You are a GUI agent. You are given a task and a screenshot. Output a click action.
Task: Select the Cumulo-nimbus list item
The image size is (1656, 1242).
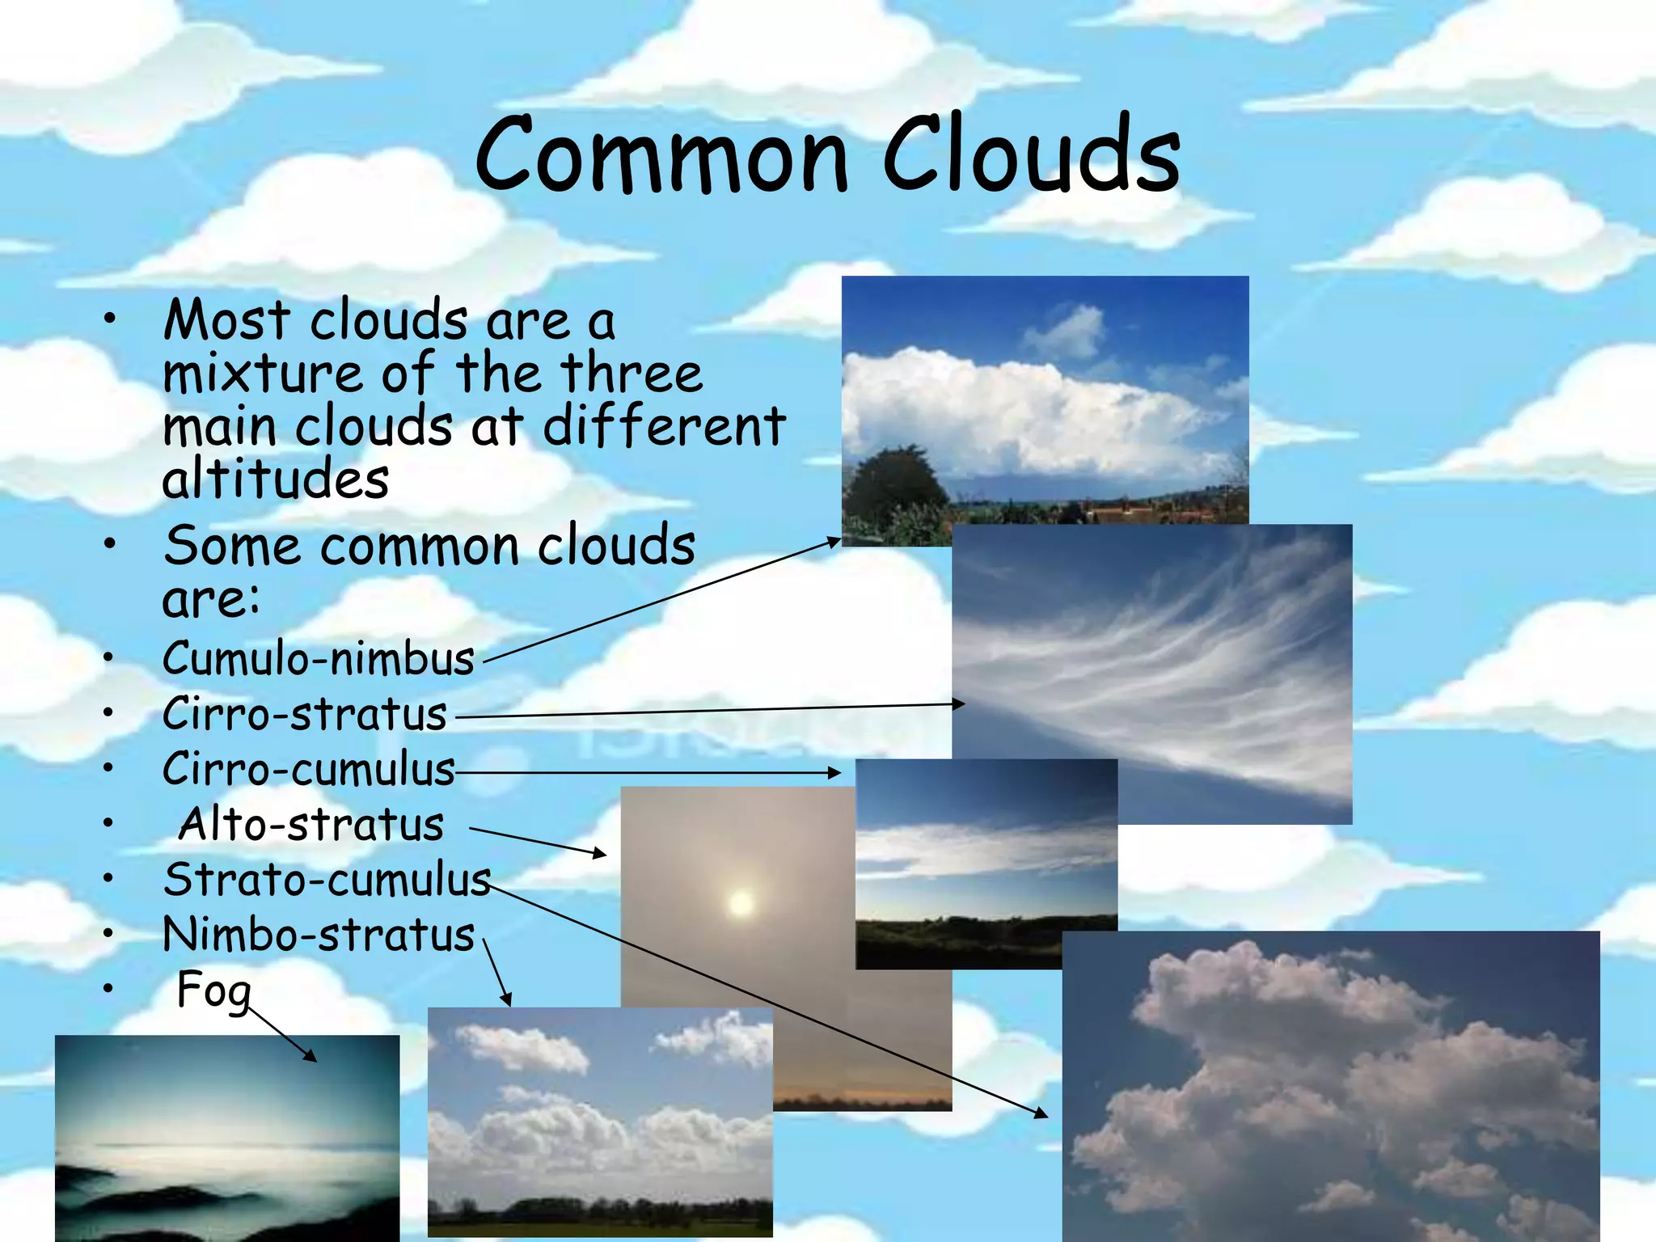(x=318, y=659)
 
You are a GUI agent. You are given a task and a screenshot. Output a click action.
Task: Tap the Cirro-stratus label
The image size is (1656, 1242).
(x=304, y=715)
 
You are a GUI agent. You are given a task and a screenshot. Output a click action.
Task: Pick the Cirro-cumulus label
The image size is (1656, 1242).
(x=308, y=770)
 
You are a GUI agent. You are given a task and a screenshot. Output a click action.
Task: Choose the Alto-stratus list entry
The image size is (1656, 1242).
(x=310, y=825)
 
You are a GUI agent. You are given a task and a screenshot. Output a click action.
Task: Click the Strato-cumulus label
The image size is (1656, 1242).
(x=327, y=880)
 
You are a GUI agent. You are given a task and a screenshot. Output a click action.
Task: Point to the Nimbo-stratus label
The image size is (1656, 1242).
(x=318, y=936)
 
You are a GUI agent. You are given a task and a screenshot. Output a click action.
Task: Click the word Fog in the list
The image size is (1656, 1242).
(x=213, y=991)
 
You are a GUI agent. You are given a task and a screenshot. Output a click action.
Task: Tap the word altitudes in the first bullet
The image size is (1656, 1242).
(x=275, y=479)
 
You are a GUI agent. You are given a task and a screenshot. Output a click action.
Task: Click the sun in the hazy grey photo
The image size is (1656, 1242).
(x=740, y=903)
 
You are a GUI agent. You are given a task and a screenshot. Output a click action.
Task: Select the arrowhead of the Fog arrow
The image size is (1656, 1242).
(x=311, y=1057)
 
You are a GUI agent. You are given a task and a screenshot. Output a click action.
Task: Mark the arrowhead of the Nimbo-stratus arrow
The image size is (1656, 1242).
(x=507, y=1000)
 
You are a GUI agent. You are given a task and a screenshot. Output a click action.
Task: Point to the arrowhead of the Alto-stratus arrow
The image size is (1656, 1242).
(x=600, y=853)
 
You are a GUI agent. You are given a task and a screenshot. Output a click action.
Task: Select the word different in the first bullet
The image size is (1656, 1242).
(x=664, y=427)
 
